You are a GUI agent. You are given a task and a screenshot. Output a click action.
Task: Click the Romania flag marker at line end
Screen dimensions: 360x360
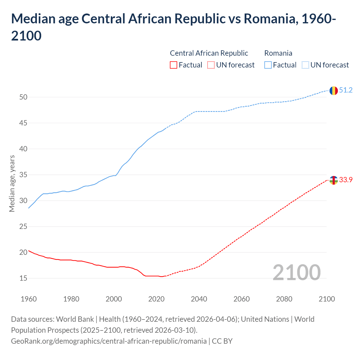click(334, 91)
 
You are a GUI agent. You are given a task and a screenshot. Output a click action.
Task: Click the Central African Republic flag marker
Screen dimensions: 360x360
click(334, 180)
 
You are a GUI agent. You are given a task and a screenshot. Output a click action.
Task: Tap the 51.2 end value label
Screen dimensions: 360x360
click(346, 90)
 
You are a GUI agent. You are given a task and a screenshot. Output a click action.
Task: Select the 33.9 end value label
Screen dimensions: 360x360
click(346, 180)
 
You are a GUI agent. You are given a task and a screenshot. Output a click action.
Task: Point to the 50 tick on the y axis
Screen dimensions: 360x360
click(23, 97)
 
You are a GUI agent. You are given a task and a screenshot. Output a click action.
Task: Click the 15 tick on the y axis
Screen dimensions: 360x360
click(23, 278)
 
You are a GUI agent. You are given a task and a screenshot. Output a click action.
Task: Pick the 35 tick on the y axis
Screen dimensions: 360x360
click(23, 175)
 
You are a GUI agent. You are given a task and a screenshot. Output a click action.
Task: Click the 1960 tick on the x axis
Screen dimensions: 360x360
click(29, 299)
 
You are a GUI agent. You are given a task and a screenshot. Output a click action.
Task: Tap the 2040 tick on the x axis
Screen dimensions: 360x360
click(199, 299)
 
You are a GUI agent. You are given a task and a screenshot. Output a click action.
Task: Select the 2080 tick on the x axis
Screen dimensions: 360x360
click(284, 299)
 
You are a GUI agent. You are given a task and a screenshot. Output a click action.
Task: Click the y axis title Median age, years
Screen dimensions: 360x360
click(12, 183)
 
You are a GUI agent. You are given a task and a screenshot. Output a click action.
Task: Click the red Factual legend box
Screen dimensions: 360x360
click(174, 65)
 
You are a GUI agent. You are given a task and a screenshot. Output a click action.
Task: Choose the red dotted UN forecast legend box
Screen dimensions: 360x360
click(211, 65)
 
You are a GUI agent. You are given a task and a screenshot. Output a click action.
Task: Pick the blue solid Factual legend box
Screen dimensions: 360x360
click(268, 65)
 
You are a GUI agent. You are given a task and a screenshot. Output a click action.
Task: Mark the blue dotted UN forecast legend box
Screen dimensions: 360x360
click(305, 65)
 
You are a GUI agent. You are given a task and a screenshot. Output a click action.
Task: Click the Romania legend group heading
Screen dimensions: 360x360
click(278, 53)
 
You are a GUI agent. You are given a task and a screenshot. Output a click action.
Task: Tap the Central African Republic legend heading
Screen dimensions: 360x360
click(209, 53)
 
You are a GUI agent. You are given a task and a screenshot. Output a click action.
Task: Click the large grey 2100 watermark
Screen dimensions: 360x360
click(296, 273)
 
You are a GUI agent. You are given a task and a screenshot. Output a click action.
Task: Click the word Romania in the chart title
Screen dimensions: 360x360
click(270, 19)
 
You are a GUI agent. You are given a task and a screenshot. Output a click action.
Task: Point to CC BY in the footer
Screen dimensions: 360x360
click(222, 341)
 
